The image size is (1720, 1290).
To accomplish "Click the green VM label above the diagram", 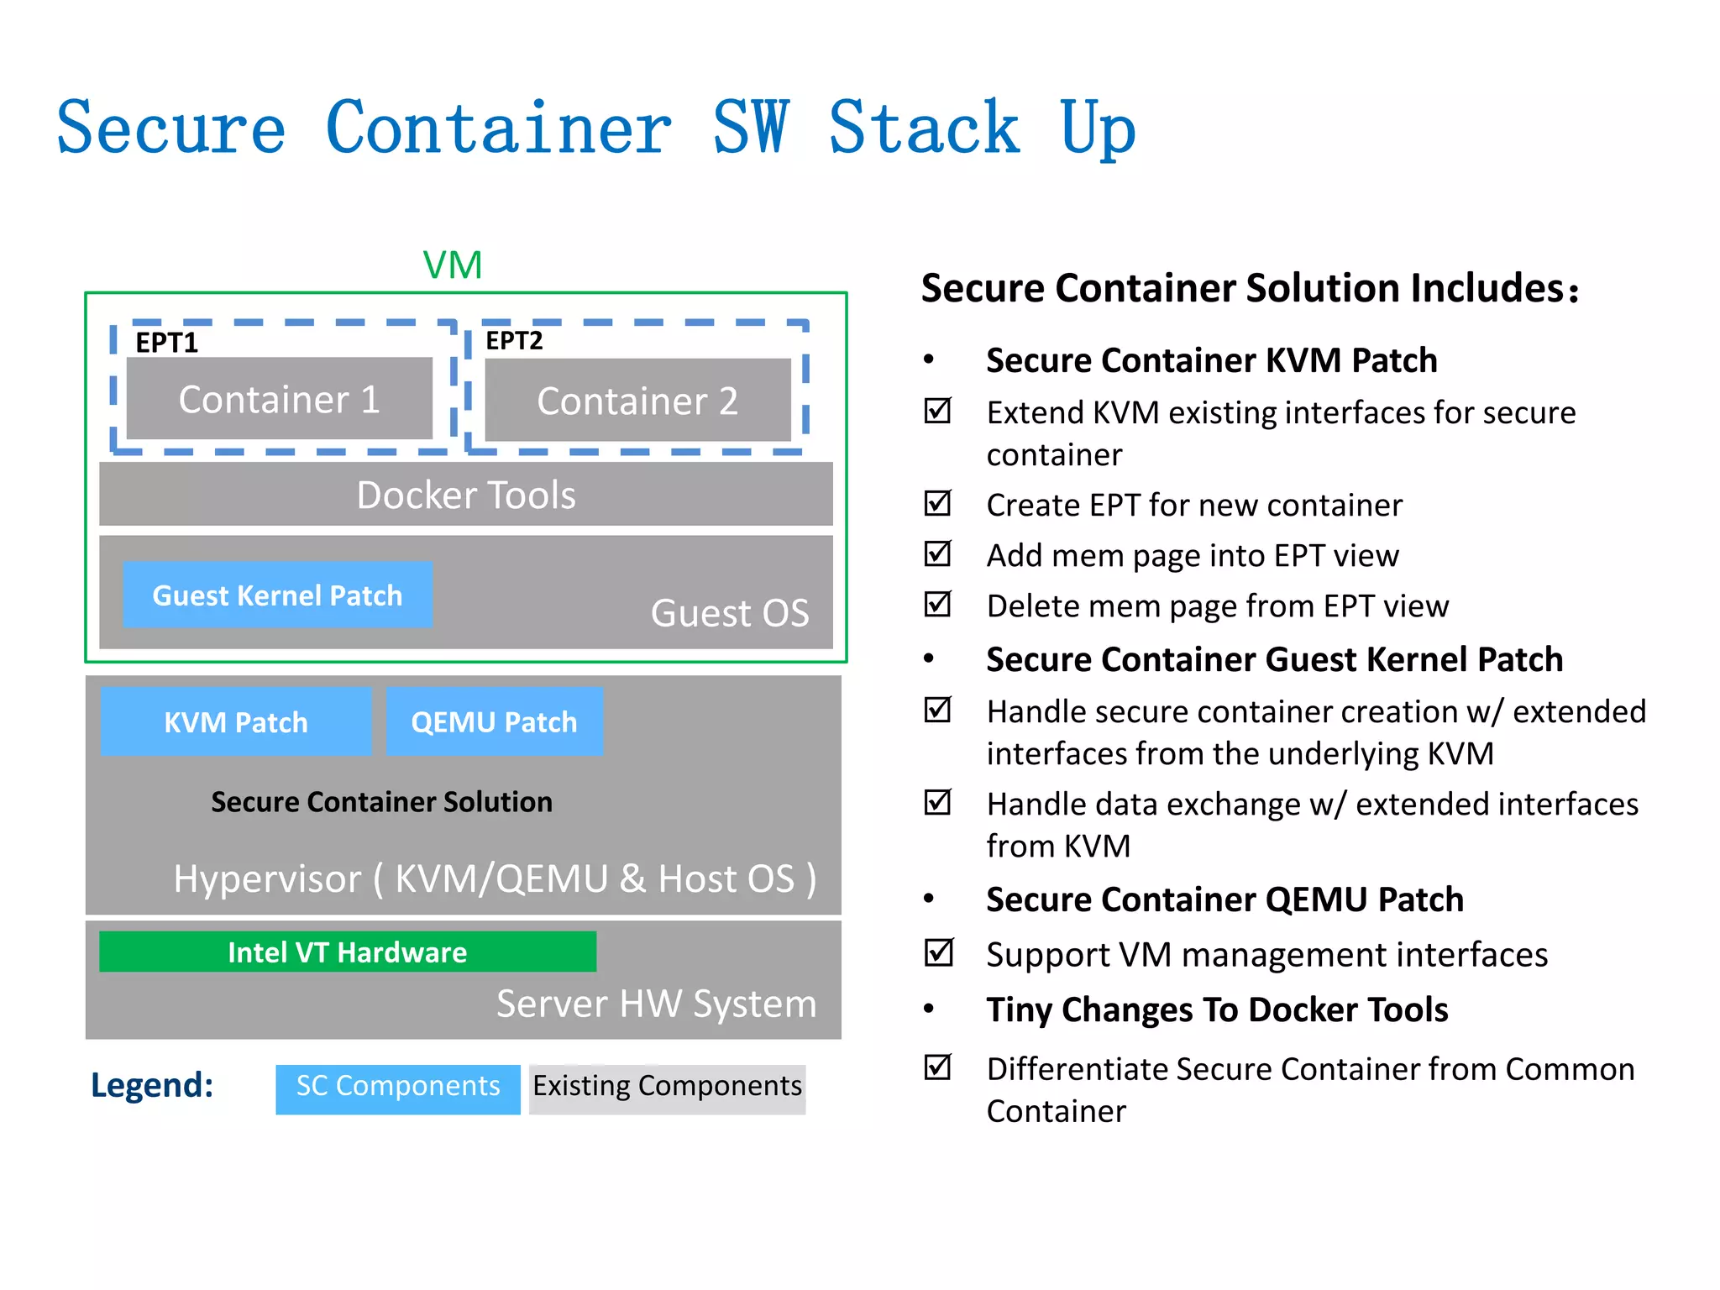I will pos(452,265).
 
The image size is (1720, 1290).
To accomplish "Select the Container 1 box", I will pos(279,399).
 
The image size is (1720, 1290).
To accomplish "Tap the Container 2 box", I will pos(637,401).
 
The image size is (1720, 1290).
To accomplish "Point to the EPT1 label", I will pos(166,343).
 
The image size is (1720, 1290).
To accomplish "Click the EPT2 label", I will pos(514,340).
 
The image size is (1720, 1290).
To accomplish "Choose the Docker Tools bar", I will pos(466,495).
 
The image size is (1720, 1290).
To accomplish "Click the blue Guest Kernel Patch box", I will pos(277,595).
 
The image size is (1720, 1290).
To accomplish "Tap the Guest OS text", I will pos(729,613).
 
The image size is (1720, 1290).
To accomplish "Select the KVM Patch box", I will pos(236,722).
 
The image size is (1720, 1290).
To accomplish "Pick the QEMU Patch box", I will pos(494,722).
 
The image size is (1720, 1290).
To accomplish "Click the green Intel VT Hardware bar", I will pos(347,952).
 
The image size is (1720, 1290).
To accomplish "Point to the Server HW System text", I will pos(656,1004).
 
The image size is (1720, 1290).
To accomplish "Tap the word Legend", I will pos(152,1085).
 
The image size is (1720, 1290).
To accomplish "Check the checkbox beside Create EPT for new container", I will pos(937,503).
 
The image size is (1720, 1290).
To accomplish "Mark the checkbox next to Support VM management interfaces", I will pos(937,952).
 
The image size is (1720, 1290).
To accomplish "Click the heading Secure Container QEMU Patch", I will pos(1224,899).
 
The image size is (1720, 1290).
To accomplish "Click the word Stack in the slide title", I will pos(924,128).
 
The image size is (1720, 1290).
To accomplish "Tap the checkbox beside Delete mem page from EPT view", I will pos(937,604).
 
